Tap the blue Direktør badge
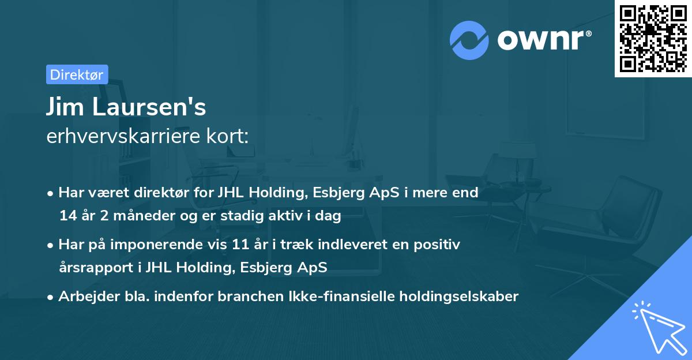point(77,74)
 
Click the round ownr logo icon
point(470,40)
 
